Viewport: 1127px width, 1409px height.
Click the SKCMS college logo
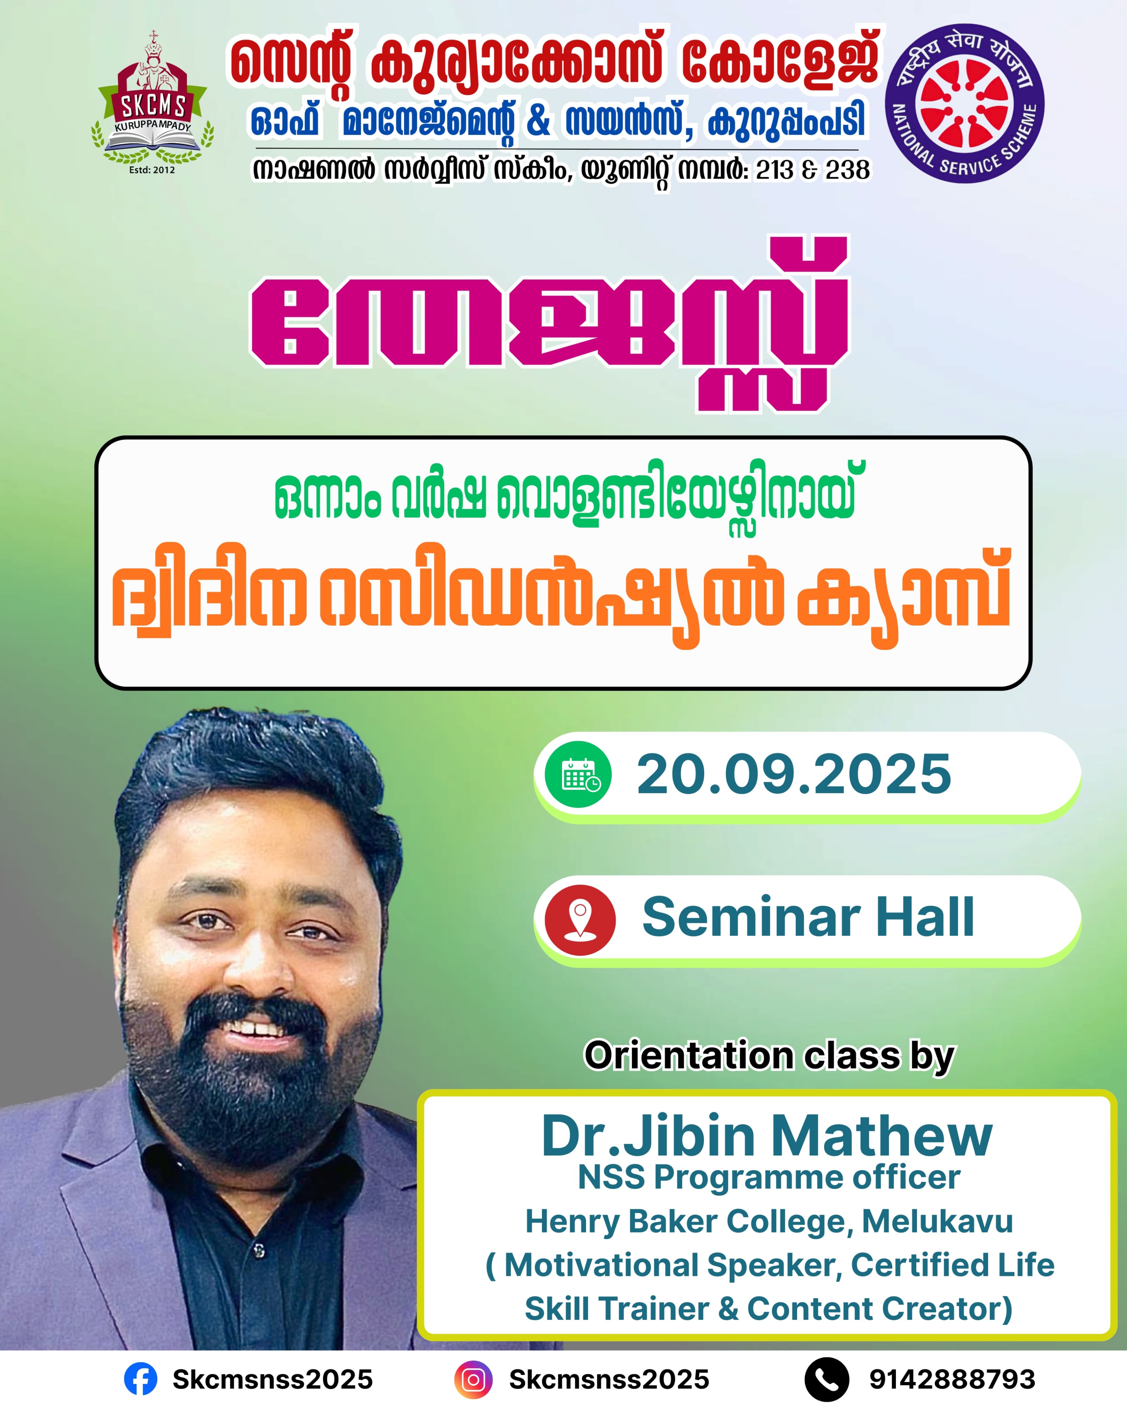coord(152,103)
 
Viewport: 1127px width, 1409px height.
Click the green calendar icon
coord(579,774)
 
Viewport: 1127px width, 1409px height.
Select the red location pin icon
coord(580,920)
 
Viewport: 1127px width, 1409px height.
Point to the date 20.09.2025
coord(794,774)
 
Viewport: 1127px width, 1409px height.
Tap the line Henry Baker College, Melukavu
coord(769,1221)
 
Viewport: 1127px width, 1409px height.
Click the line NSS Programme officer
coord(769,1177)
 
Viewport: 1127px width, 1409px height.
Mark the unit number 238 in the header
coord(847,170)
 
